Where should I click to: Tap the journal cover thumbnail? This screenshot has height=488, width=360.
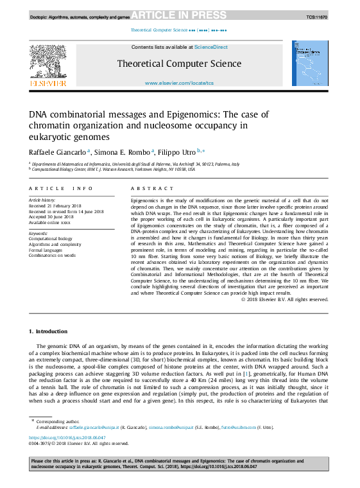(x=311, y=64)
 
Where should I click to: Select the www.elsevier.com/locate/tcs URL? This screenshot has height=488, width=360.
(x=179, y=83)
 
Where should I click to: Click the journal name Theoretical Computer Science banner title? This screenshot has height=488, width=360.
(x=179, y=64)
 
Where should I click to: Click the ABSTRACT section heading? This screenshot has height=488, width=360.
(x=152, y=188)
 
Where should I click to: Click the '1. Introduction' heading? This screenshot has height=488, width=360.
(x=48, y=331)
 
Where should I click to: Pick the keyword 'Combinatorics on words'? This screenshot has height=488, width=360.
(x=53, y=255)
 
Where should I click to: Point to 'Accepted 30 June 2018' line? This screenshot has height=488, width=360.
(x=53, y=216)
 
